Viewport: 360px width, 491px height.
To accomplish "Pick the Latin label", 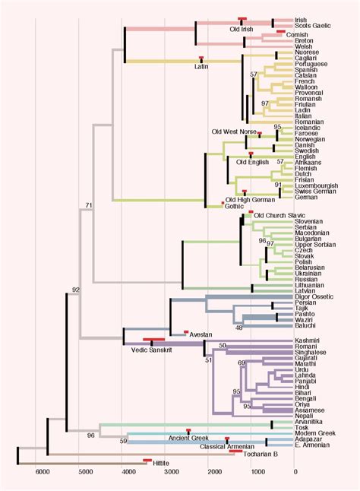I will (201, 66).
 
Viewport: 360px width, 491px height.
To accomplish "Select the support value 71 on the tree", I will (89, 205).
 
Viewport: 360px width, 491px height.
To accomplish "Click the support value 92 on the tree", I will (76, 290).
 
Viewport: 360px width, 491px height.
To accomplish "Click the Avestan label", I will (201, 335).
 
